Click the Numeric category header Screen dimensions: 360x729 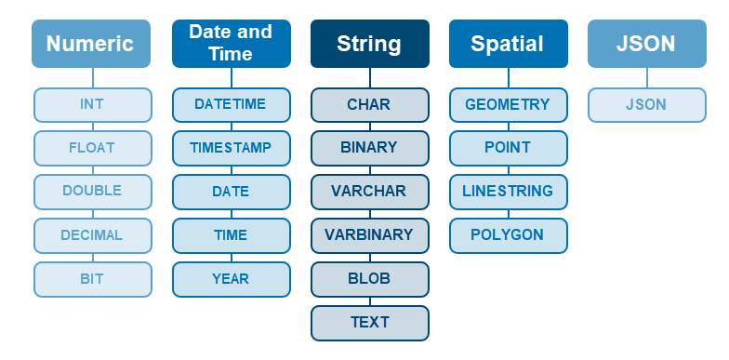pyautogui.click(x=90, y=44)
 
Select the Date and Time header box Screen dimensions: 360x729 pyautogui.click(x=231, y=44)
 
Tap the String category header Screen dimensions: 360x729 pyautogui.click(x=369, y=44)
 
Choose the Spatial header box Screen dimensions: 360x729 pyautogui.click(x=508, y=44)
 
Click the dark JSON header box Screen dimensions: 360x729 pyautogui.click(x=646, y=44)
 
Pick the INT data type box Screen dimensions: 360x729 pyautogui.click(x=92, y=104)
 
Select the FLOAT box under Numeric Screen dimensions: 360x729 pyautogui.click(x=92, y=147)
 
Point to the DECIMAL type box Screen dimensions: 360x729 pyautogui.click(x=92, y=235)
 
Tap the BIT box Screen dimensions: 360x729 pyautogui.click(x=92, y=278)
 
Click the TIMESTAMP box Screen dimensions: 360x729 pyautogui.click(x=231, y=147)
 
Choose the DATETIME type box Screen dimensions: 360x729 pyautogui.click(x=231, y=104)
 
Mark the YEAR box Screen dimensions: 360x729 pyautogui.click(x=231, y=278)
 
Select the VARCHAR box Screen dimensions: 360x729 pyautogui.click(x=369, y=192)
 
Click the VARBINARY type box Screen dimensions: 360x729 pyautogui.click(x=369, y=235)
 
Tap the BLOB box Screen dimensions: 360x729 pyautogui.click(x=369, y=278)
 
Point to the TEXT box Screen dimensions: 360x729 pyautogui.click(x=369, y=323)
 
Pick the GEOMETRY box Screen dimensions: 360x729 pyautogui.click(x=508, y=104)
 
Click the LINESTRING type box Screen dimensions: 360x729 pyautogui.click(x=508, y=192)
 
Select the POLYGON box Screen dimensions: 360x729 pyautogui.click(x=508, y=235)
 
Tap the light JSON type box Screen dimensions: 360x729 pyautogui.click(x=646, y=104)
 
